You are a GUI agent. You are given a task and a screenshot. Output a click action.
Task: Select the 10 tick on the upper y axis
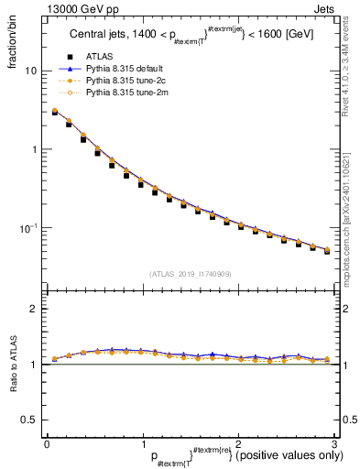(32, 71)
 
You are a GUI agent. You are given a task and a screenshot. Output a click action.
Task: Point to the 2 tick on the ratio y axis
(34, 310)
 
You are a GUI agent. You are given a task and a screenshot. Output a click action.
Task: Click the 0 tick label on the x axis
(47, 443)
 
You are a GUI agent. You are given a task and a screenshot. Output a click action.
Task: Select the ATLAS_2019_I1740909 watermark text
(190, 274)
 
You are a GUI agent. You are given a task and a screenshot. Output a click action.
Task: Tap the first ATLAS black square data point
(54, 112)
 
